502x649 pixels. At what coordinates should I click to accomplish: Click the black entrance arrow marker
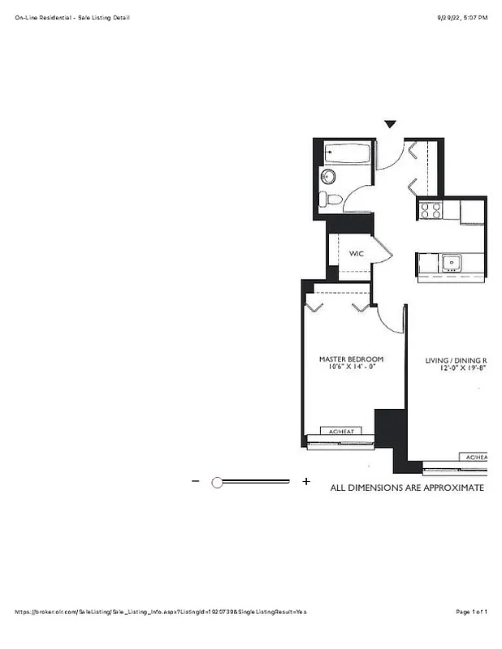coord(390,124)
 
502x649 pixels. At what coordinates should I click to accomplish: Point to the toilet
coord(330,200)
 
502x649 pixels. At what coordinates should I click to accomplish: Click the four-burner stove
coord(431,210)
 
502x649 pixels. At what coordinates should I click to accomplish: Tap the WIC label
coord(357,254)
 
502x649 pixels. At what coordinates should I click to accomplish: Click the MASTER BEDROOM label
coord(351,359)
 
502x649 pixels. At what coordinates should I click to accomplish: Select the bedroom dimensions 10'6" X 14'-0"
coord(351,367)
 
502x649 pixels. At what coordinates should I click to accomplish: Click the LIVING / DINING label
coord(455,360)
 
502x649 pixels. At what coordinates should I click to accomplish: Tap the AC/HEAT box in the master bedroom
coord(340,431)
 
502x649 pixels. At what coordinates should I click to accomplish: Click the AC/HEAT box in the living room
coord(475,458)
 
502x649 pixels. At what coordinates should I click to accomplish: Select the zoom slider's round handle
coord(217,482)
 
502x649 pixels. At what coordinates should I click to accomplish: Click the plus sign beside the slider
coord(306,481)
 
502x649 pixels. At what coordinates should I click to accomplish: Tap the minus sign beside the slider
coord(195,481)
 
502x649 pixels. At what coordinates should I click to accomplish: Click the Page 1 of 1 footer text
coord(472,612)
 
